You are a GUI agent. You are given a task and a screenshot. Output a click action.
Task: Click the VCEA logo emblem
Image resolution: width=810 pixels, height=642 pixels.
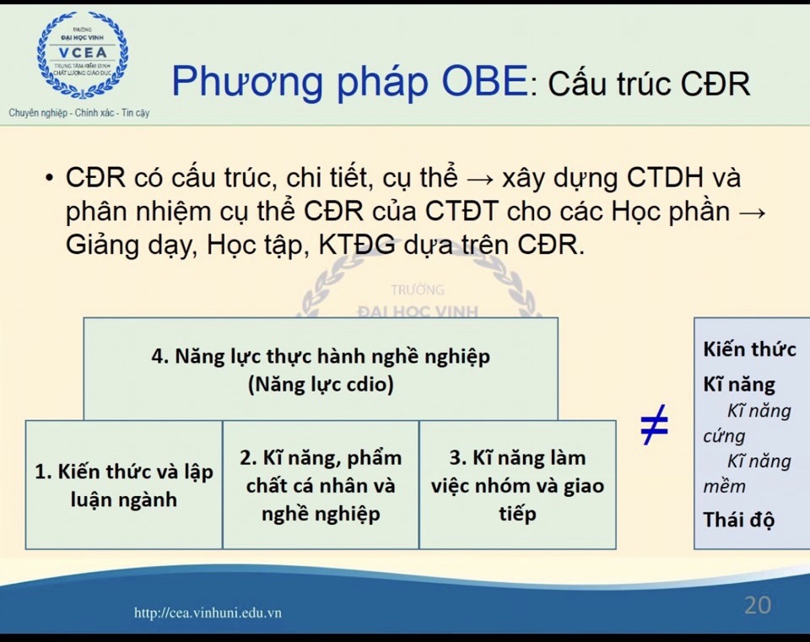pyautogui.click(x=83, y=56)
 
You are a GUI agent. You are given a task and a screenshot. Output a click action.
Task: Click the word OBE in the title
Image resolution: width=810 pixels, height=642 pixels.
pyautogui.click(x=484, y=82)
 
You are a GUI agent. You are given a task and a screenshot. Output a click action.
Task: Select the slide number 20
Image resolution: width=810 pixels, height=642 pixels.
pyautogui.click(x=758, y=606)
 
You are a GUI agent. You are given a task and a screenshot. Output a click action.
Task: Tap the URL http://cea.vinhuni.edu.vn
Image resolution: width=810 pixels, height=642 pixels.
pyautogui.click(x=208, y=613)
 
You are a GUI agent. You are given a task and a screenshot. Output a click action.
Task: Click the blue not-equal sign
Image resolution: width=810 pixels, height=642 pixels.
pyautogui.click(x=654, y=424)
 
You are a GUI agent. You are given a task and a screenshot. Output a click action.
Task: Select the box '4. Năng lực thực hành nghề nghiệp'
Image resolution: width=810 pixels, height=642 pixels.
pyautogui.click(x=321, y=369)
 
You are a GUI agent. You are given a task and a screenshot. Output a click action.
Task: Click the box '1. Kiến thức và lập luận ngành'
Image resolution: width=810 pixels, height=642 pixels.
pyautogui.click(x=124, y=484)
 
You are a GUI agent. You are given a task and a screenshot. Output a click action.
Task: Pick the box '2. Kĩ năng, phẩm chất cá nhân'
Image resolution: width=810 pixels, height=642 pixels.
pyautogui.click(x=321, y=484)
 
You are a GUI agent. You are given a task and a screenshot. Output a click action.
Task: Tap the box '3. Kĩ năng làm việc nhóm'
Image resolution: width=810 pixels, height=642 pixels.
pyautogui.click(x=517, y=484)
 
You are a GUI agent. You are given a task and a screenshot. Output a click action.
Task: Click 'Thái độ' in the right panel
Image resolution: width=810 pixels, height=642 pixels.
pyautogui.click(x=739, y=521)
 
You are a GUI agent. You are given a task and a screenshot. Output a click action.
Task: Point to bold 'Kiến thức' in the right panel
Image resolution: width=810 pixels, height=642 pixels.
pyautogui.click(x=749, y=349)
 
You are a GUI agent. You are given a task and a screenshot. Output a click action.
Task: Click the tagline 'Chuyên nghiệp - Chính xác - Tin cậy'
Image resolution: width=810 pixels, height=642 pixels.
pyautogui.click(x=79, y=112)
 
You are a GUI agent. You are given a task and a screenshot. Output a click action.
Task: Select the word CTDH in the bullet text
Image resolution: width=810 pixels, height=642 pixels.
pyautogui.click(x=666, y=178)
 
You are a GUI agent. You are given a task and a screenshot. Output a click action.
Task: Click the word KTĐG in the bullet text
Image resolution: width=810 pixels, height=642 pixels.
pyautogui.click(x=357, y=245)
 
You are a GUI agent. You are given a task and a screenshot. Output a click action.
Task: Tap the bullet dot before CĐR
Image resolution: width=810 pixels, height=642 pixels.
pyautogui.click(x=49, y=178)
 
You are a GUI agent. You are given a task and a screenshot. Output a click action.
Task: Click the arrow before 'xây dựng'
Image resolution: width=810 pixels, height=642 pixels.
pyautogui.click(x=480, y=179)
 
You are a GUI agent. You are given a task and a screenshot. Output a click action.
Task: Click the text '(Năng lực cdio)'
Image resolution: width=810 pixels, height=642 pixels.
pyautogui.click(x=321, y=384)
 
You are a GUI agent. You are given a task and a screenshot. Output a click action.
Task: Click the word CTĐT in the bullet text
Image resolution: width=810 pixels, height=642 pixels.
pyautogui.click(x=462, y=211)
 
